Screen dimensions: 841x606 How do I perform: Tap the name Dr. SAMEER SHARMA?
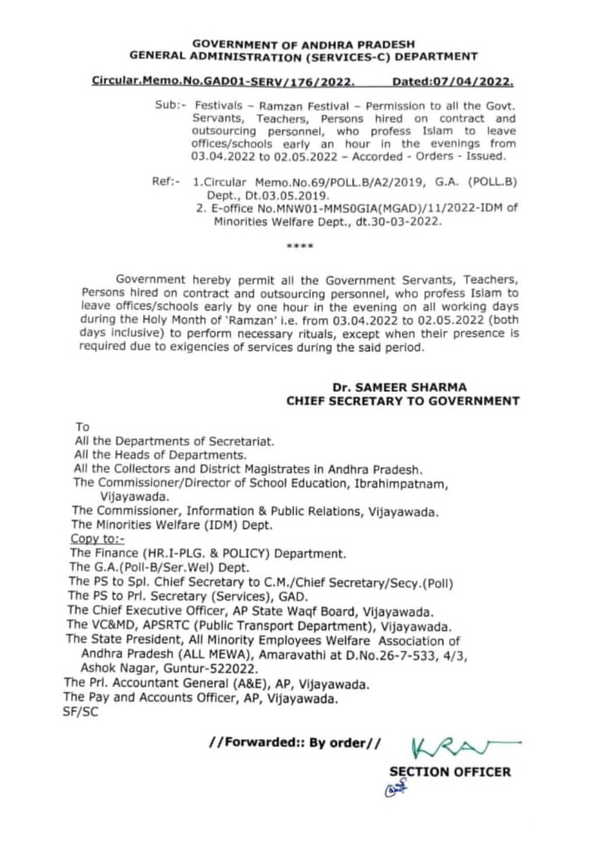point(399,387)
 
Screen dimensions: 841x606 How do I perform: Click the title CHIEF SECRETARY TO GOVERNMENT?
point(402,401)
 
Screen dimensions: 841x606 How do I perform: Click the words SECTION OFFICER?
point(450,772)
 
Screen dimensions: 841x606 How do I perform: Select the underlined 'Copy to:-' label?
point(97,539)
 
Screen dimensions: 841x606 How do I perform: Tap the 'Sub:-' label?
point(167,106)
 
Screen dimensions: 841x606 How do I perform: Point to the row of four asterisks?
point(300,246)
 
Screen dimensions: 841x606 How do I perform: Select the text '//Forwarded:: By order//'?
point(295,743)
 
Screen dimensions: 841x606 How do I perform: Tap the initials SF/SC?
point(81,712)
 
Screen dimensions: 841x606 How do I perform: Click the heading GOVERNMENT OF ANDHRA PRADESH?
point(304,44)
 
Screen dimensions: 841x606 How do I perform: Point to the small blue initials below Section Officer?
point(396,789)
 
